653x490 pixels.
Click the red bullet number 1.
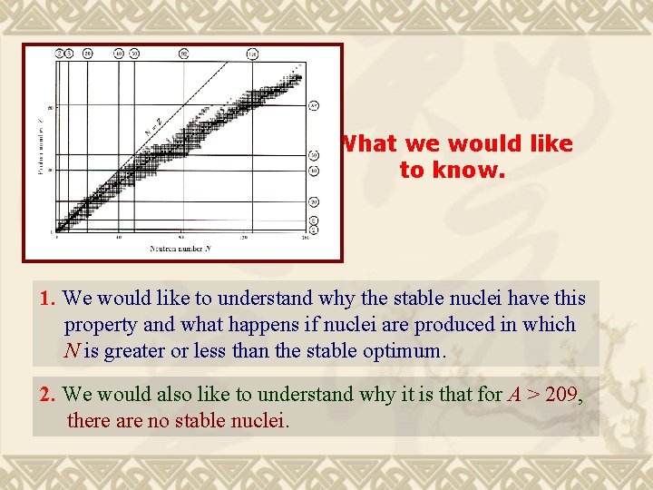click(x=49, y=298)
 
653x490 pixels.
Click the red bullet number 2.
click(x=49, y=395)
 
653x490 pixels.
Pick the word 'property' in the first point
click(x=101, y=325)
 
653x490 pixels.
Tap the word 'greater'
click(x=135, y=351)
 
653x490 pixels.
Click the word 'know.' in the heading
click(x=452, y=170)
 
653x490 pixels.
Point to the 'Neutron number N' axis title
click(x=180, y=247)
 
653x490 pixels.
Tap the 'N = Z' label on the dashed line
click(x=153, y=126)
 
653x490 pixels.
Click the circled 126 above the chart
click(x=252, y=54)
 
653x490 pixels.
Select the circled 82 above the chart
click(x=184, y=54)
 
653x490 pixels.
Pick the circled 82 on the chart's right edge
click(x=313, y=106)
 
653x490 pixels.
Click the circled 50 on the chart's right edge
click(x=313, y=155)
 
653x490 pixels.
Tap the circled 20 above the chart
click(x=87, y=54)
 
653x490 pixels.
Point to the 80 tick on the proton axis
click(x=51, y=107)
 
